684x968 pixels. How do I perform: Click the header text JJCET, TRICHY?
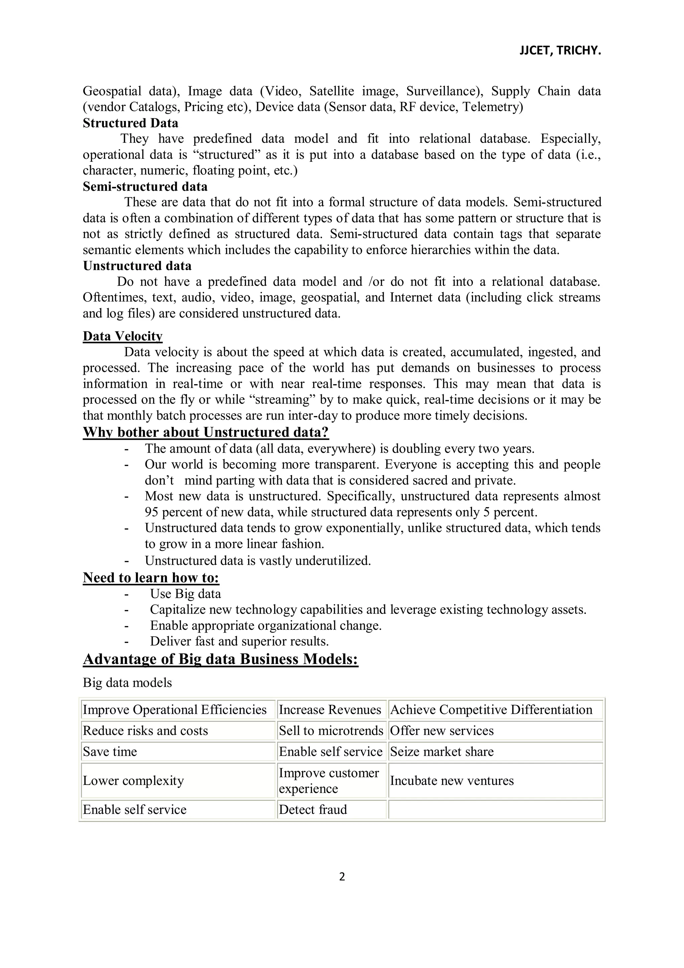point(559,51)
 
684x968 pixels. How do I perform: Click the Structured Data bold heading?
point(131,123)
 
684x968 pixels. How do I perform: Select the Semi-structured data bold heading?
point(145,186)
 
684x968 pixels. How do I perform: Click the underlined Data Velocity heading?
point(123,336)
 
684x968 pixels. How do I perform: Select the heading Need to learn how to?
point(151,577)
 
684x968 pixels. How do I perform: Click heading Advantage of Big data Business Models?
point(220,659)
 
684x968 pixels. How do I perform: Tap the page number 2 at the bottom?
point(342,876)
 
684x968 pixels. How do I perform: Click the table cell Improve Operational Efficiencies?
point(175,710)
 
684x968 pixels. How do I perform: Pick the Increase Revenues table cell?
point(330,710)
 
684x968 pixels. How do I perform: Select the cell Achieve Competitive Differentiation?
point(491,710)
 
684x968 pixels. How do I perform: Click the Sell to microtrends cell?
point(331,731)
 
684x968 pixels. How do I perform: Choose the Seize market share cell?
point(442,752)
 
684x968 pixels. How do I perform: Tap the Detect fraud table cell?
point(313,810)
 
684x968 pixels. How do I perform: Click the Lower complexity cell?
point(134,780)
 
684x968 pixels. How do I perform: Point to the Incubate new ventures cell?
point(452,780)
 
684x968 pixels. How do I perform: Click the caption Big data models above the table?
point(127,682)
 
